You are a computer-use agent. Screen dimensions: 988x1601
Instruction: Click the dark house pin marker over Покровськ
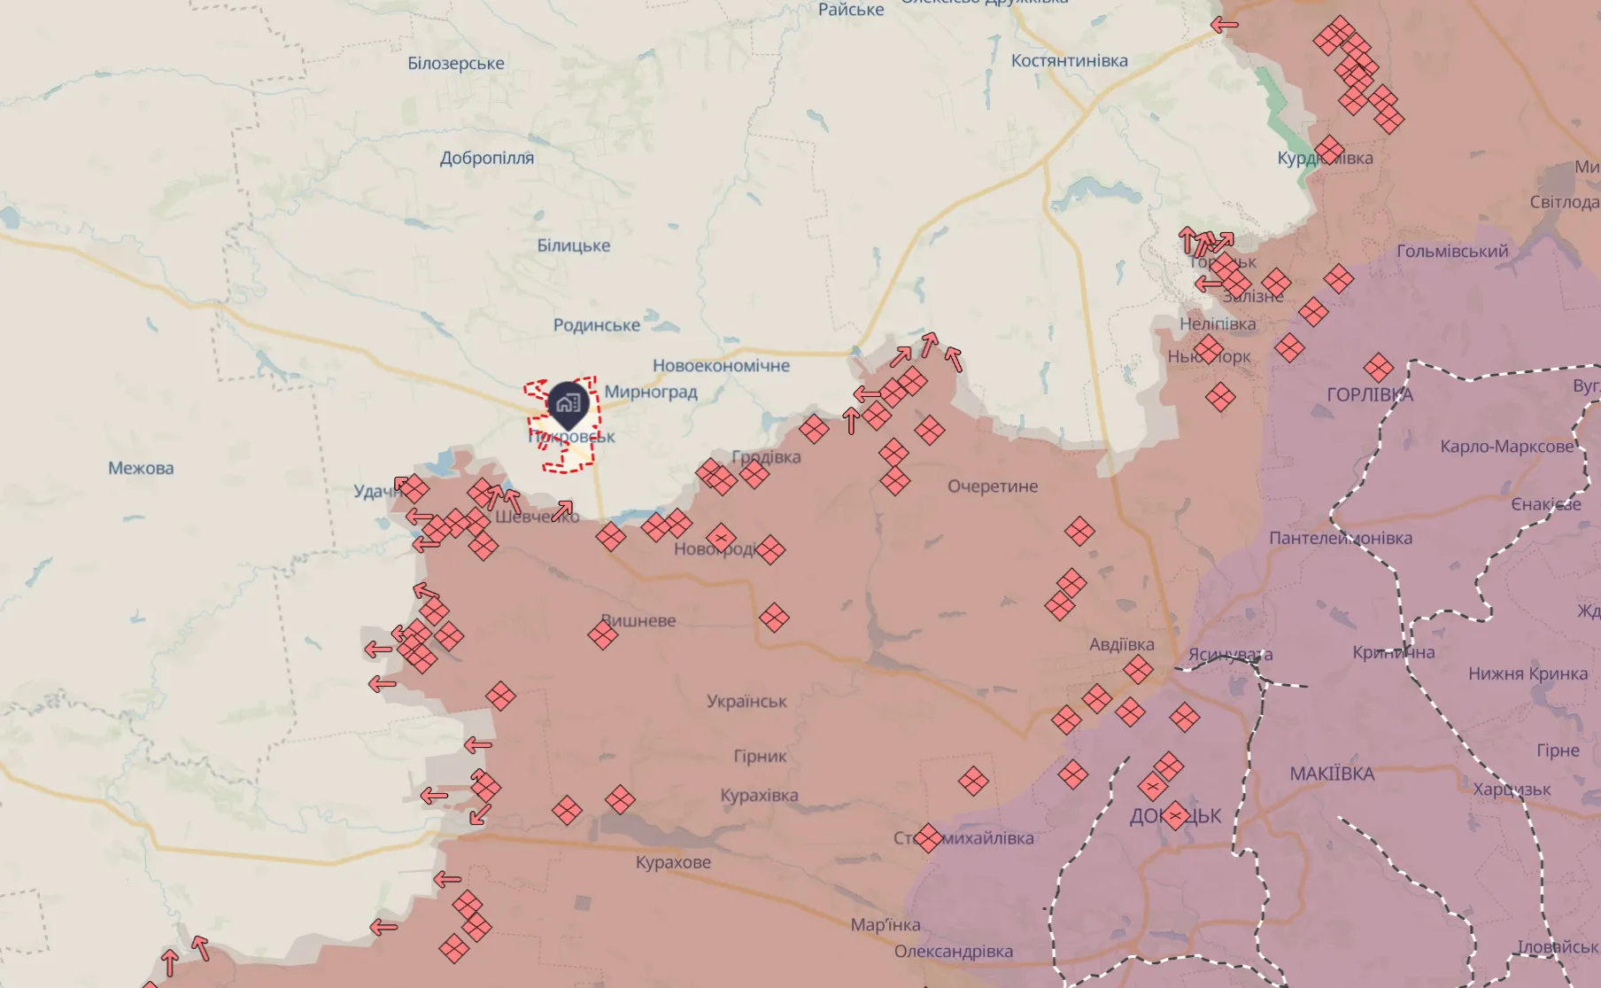pyautogui.click(x=568, y=405)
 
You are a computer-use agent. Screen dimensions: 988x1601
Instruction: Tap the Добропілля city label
pyautogui.click(x=487, y=159)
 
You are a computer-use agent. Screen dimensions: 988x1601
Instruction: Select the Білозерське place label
pyautogui.click(x=456, y=64)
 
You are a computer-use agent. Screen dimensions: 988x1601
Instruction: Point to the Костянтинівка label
pyautogui.click(x=1069, y=61)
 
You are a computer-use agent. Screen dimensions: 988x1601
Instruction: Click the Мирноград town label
pyautogui.click(x=651, y=392)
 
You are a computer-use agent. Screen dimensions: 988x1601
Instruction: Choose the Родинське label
pyautogui.click(x=596, y=325)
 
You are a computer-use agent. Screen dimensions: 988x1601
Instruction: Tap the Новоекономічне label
pyautogui.click(x=721, y=366)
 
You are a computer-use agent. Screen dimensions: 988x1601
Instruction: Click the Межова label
pyautogui.click(x=141, y=468)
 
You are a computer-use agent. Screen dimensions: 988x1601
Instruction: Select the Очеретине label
pyautogui.click(x=992, y=486)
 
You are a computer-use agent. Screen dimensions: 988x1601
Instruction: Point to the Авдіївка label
pyautogui.click(x=1121, y=644)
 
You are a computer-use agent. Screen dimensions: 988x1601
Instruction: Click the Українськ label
pyautogui.click(x=746, y=701)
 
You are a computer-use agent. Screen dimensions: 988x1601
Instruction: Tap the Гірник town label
pyautogui.click(x=760, y=756)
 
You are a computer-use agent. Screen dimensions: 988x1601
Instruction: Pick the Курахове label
pyautogui.click(x=673, y=862)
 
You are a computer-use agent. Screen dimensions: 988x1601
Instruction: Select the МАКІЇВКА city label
pyautogui.click(x=1332, y=774)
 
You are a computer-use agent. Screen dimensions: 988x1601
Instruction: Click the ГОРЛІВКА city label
pyautogui.click(x=1370, y=395)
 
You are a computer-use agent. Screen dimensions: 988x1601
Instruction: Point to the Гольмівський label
pyautogui.click(x=1452, y=252)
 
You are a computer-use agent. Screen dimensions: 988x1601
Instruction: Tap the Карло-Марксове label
pyautogui.click(x=1506, y=447)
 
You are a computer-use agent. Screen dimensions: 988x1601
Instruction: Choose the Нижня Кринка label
pyautogui.click(x=1528, y=673)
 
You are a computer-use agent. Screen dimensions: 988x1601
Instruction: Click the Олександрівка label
pyautogui.click(x=953, y=952)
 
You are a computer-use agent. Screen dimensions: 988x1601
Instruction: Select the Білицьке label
pyautogui.click(x=573, y=245)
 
